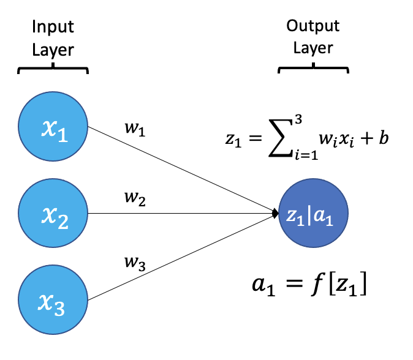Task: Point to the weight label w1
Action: click(133, 130)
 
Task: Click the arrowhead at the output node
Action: click(275, 213)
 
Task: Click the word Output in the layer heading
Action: click(314, 28)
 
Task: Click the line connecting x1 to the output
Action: click(184, 171)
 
